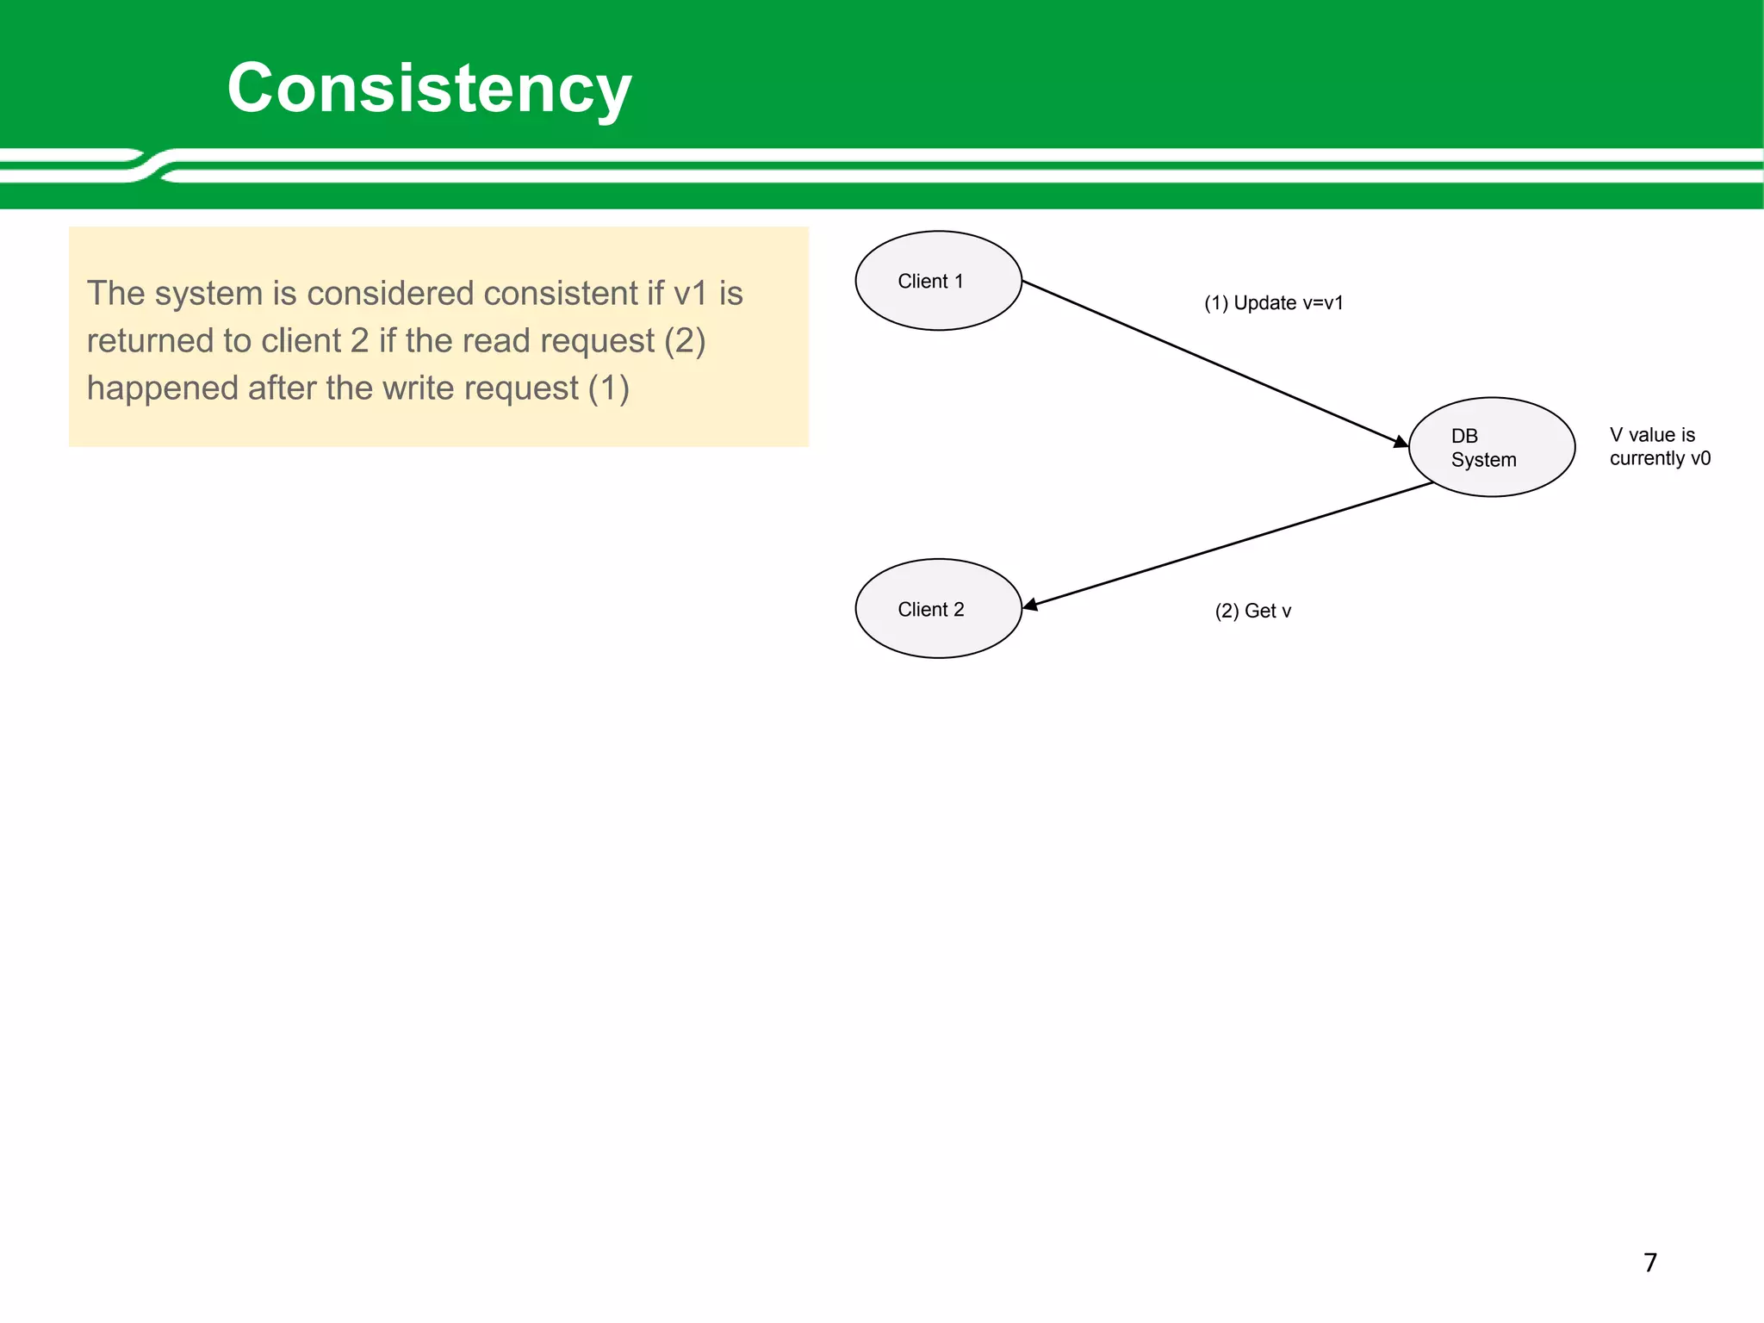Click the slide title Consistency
click(x=429, y=89)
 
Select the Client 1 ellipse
click(x=938, y=281)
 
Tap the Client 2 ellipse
click(x=938, y=609)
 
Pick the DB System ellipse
click(x=1491, y=447)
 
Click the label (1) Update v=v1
click(x=1273, y=303)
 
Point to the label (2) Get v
click(x=1252, y=612)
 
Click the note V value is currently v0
click(x=1659, y=446)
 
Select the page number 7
click(x=1649, y=1263)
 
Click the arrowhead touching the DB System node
click(x=1401, y=442)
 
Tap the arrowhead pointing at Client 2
click(x=1030, y=606)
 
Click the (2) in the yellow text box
click(x=685, y=341)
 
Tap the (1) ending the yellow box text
click(x=608, y=388)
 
